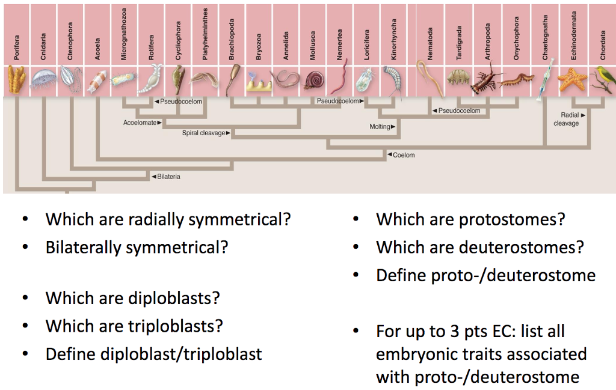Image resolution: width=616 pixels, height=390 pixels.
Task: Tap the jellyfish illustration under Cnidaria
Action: [42, 79]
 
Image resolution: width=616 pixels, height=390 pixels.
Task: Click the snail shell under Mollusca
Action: [313, 79]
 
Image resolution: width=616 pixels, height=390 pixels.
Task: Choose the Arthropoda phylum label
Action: [488, 41]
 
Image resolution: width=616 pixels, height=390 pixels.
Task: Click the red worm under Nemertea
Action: [340, 78]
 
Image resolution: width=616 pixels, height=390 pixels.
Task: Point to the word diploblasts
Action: [173, 298]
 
